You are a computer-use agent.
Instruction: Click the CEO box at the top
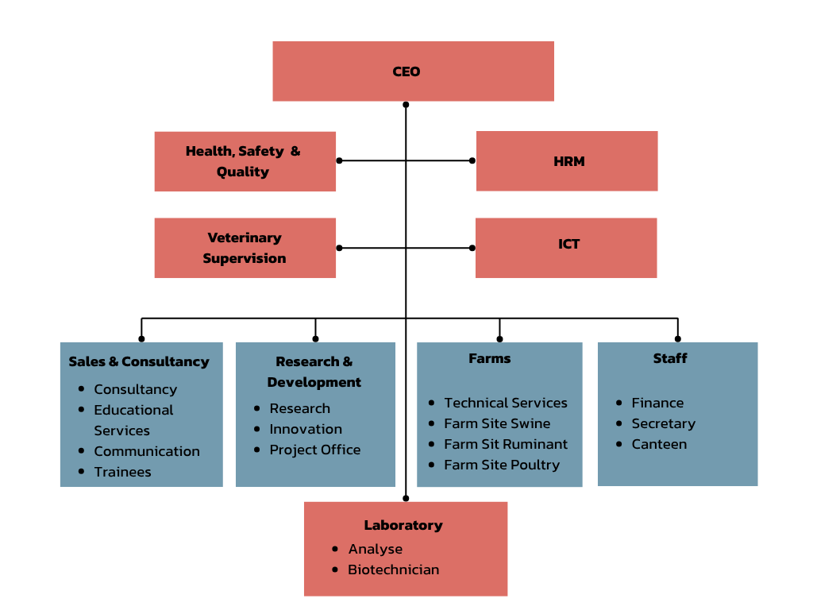(413, 71)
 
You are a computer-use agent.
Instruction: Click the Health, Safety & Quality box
(245, 161)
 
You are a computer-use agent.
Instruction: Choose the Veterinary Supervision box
(245, 248)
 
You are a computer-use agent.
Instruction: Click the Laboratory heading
(403, 525)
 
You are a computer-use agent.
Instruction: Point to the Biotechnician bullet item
(393, 569)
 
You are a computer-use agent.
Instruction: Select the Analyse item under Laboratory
(375, 549)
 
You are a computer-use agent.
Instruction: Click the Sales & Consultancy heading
(139, 361)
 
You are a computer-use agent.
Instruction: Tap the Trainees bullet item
(122, 472)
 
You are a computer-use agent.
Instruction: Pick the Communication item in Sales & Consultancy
(147, 451)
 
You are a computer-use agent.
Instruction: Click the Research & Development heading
(314, 372)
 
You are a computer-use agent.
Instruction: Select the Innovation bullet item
(306, 429)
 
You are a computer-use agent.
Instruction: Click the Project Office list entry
(314, 450)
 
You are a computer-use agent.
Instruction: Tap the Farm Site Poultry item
(502, 465)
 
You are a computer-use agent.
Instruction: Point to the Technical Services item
(506, 403)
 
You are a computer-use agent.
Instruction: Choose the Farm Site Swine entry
(497, 423)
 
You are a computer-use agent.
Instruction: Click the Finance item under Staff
(657, 403)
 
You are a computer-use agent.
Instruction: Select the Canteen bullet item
(659, 444)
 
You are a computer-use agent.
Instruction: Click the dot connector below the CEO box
(406, 104)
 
